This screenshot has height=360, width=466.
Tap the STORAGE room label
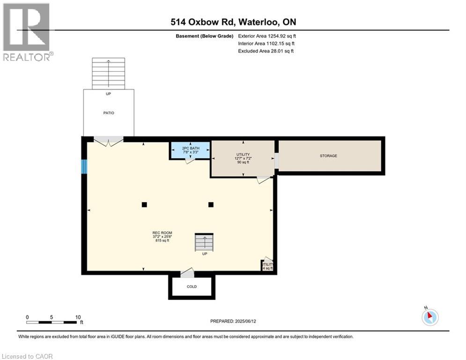pyautogui.click(x=328, y=156)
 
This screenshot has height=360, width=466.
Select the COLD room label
pyautogui.click(x=192, y=286)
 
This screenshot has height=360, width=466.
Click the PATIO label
pyautogui.click(x=109, y=113)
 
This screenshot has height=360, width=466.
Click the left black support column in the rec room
pyautogui.click(x=144, y=204)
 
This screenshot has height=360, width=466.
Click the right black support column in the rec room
pyautogui.click(x=211, y=204)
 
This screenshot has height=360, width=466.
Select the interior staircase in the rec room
pyautogui.click(x=204, y=243)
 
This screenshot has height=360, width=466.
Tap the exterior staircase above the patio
pyautogui.click(x=109, y=73)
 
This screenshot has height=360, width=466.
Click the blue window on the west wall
pyautogui.click(x=84, y=167)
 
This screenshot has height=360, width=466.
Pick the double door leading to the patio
pyautogui.click(x=109, y=141)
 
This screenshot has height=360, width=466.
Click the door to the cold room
pyautogui.click(x=187, y=273)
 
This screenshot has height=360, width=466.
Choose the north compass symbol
pyautogui.click(x=430, y=317)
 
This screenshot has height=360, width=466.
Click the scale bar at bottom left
pyautogui.click(x=52, y=322)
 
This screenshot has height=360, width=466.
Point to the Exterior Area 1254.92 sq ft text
pyautogui.click(x=267, y=36)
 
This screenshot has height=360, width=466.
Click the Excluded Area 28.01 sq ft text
pyautogui.click(x=266, y=51)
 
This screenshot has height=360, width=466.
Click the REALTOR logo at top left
pyautogui.click(x=27, y=32)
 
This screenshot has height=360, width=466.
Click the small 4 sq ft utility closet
pyautogui.click(x=267, y=266)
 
